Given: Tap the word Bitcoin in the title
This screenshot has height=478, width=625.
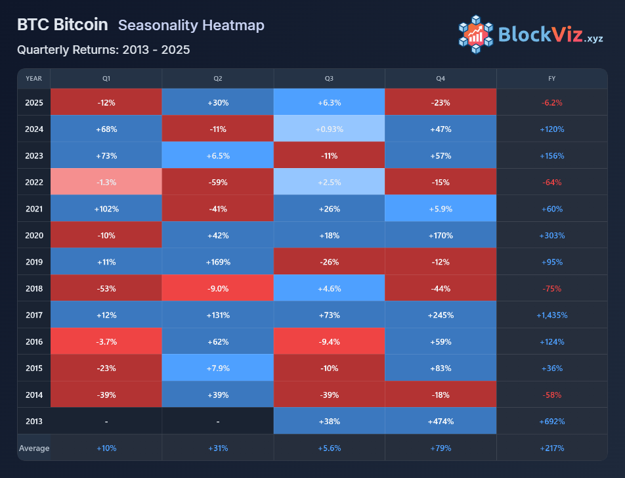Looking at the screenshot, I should tap(81, 25).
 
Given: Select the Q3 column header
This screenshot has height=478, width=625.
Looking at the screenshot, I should tap(329, 79).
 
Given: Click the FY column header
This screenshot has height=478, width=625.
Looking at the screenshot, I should tap(552, 79).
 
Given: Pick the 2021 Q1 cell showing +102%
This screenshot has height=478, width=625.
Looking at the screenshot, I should tap(106, 209).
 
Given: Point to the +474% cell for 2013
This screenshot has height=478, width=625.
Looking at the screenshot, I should tap(441, 422).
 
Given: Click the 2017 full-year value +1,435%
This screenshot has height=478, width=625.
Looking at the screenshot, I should tap(552, 315).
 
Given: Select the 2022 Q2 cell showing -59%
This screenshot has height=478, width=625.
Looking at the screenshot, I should tap(217, 182).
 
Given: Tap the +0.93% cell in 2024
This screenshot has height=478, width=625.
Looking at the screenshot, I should tap(329, 129).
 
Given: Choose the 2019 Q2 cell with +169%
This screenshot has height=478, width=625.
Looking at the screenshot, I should tap(217, 262).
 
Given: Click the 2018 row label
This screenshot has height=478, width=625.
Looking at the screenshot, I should tap(34, 288).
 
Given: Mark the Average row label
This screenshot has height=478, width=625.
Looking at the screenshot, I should tap(33, 448).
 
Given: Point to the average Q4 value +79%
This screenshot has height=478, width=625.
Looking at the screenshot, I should tap(441, 448).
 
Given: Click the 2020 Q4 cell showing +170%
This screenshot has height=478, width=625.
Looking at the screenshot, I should tap(441, 235).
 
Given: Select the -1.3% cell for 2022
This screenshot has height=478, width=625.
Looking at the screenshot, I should tap(106, 182).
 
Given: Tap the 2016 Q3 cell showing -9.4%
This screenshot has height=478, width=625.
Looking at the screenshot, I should tap(329, 341).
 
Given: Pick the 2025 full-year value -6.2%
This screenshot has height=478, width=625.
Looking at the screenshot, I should tap(552, 102).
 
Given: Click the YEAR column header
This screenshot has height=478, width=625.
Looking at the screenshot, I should tap(34, 79).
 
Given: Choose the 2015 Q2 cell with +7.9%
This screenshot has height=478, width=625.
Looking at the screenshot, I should tap(217, 368).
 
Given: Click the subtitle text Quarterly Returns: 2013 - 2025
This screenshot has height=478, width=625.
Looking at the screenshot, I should tap(104, 49).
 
